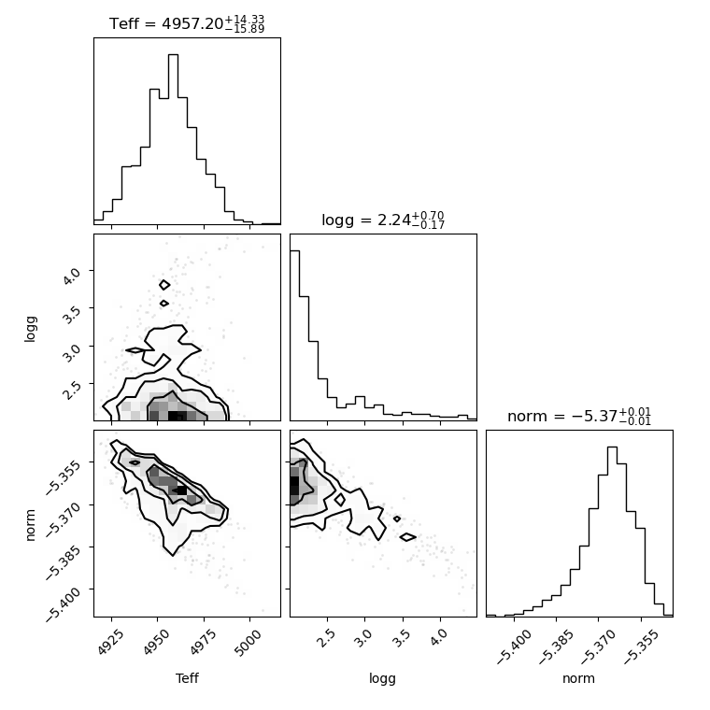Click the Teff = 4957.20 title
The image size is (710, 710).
point(187,23)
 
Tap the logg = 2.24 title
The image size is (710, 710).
point(383,220)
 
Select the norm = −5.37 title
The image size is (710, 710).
point(579,416)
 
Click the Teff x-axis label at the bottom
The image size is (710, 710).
point(187,678)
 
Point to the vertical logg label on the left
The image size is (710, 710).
point(30,329)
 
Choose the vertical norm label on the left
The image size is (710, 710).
point(30,525)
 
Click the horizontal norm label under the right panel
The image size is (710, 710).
point(578,679)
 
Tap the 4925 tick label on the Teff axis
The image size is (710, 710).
point(110,643)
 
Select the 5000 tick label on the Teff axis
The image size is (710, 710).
point(248,643)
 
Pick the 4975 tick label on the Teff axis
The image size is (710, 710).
point(203,643)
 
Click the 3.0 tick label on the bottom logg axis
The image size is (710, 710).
point(362,638)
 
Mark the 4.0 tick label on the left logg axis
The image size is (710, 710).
point(71,276)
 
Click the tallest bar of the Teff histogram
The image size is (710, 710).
point(173,139)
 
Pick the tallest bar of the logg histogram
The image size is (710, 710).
point(295,335)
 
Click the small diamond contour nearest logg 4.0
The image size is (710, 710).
point(164,285)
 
